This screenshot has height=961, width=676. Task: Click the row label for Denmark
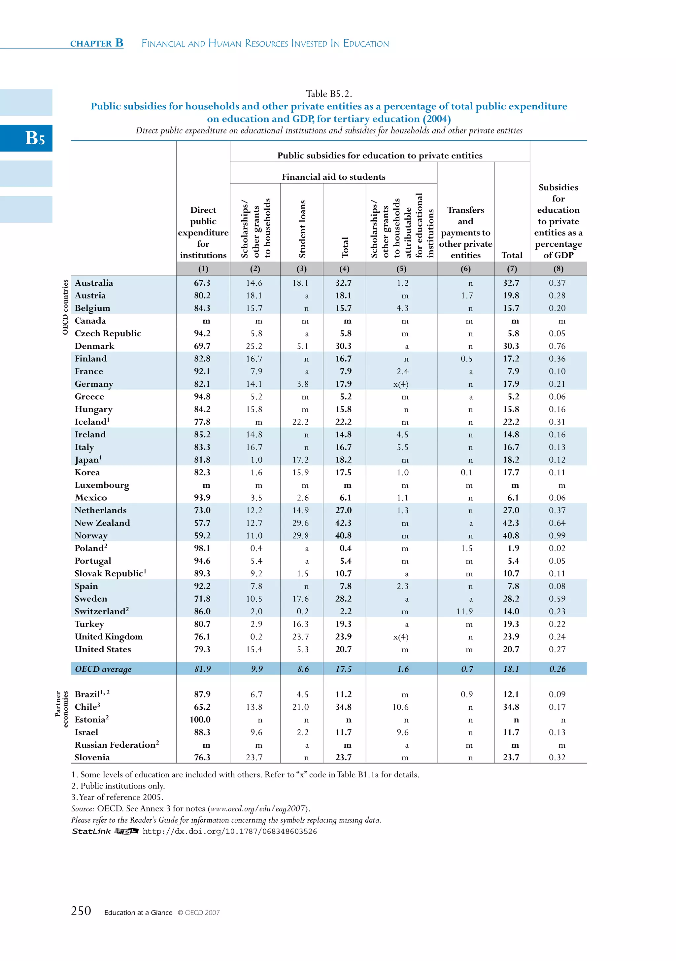tap(94, 346)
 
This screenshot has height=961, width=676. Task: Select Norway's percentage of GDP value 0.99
tap(557, 536)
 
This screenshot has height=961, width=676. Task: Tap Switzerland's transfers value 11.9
tap(464, 612)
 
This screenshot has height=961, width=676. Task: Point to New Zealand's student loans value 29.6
tap(300, 523)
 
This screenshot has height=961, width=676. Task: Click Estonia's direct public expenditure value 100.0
tap(200, 720)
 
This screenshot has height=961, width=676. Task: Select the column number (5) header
tap(401, 269)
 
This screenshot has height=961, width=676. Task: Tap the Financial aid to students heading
tap(333, 177)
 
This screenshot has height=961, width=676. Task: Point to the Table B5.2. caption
tap(329, 93)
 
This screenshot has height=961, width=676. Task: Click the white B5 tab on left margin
tap(35, 138)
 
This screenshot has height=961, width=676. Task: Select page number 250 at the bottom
tap(81, 911)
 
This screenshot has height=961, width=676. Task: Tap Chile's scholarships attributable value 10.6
tap(400, 707)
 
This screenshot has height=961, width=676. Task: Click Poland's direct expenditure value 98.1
tap(202, 548)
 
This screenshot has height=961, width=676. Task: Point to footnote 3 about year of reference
tap(117, 797)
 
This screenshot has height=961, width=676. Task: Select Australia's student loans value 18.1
tap(300, 283)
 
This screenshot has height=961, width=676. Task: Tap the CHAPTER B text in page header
tap(97, 43)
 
